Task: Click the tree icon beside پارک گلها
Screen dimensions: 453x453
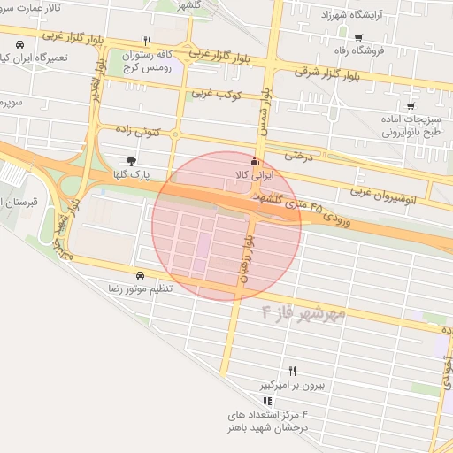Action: (x=132, y=160)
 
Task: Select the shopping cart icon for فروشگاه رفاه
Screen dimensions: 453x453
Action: (x=357, y=37)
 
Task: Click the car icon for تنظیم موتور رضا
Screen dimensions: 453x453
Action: (x=141, y=274)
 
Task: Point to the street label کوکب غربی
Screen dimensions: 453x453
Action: (x=212, y=92)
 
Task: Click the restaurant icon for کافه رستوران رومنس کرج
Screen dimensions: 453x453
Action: (x=148, y=42)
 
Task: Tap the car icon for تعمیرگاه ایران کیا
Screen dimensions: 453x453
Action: (x=19, y=44)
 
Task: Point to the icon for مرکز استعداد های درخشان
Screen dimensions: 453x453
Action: (x=269, y=401)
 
